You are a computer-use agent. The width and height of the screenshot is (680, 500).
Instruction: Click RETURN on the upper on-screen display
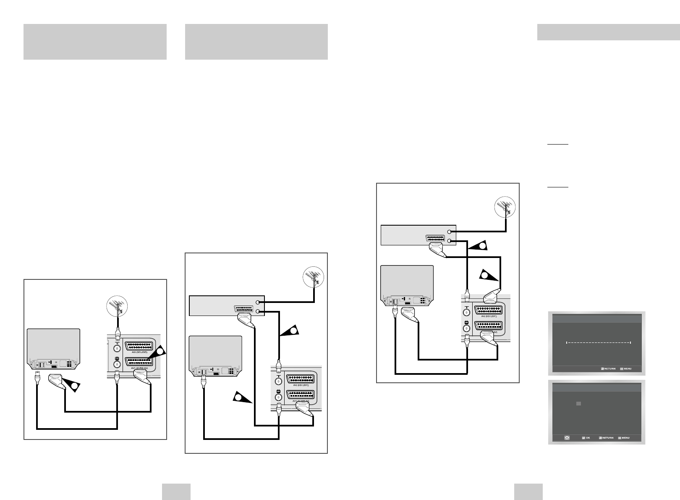point(608,368)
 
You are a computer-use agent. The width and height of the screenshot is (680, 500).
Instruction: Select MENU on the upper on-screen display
point(626,368)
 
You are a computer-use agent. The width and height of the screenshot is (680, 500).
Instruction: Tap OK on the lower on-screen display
point(585,438)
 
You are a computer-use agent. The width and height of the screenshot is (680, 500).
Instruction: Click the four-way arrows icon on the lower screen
point(567,438)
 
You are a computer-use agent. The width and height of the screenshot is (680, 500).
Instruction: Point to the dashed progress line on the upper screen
point(599,343)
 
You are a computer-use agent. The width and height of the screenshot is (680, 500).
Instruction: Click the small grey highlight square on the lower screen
point(578,403)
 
